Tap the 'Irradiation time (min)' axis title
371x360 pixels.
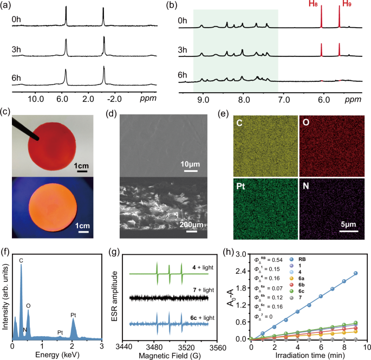(x=308, y=355)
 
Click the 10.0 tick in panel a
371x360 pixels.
(x=36, y=100)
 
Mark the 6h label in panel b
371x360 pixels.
(x=184, y=76)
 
